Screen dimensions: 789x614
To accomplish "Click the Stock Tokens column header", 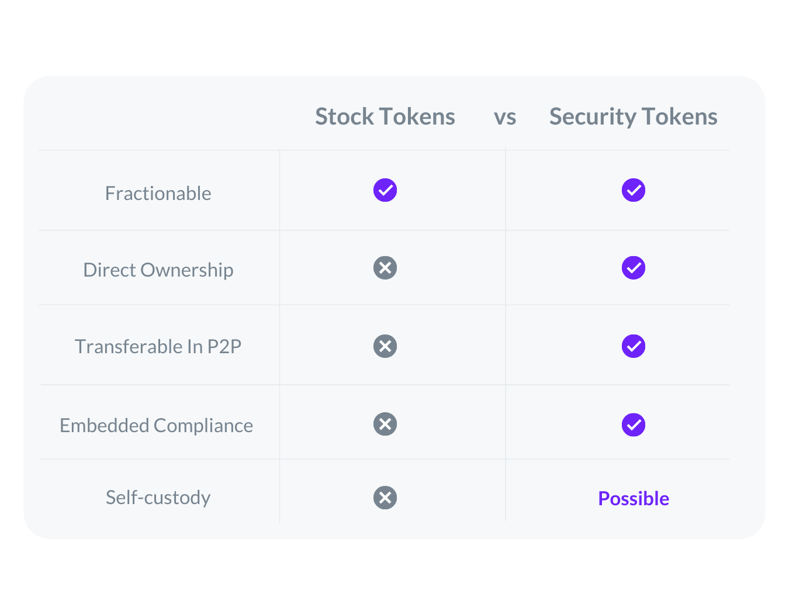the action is point(385,116).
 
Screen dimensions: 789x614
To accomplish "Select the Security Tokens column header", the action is point(633,118).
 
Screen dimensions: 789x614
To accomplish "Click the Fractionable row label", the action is point(158,193).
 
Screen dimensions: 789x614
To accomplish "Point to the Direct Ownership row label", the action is point(158,270).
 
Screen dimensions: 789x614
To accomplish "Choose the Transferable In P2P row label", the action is point(158,346).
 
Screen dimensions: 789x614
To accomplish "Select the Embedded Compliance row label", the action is point(156,426).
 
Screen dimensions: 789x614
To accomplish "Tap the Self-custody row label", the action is point(158,498).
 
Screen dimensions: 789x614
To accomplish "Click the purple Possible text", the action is point(633,498).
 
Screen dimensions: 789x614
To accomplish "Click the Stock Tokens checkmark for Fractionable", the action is point(385,190).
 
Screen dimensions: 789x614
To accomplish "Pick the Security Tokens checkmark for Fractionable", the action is point(633,190).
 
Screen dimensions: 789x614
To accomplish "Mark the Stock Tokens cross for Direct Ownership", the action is point(385,268).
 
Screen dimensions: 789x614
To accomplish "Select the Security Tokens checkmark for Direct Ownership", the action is point(633,268).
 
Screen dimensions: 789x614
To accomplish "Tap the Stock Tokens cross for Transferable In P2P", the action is point(385,346).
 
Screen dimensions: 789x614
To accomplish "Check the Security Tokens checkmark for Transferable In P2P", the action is point(633,346).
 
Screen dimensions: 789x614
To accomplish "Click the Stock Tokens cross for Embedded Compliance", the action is point(385,424).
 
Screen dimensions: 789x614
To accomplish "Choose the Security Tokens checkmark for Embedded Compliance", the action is point(633,425).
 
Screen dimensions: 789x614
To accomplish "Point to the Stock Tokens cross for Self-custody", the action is point(385,498).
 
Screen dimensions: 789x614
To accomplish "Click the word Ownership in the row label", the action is point(186,271).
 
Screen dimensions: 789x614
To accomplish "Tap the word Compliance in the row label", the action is point(203,426).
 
